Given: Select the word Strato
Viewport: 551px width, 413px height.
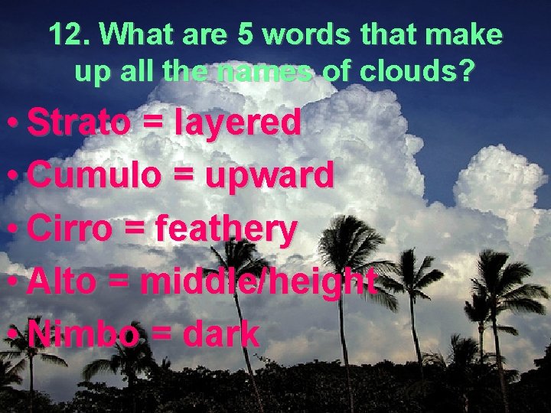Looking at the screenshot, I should click(x=79, y=122).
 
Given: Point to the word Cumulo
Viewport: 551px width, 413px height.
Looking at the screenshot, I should click(x=93, y=176).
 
